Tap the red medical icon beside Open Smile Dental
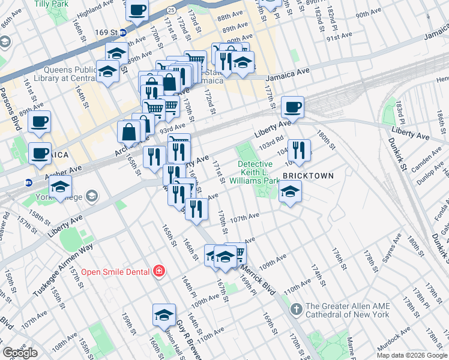click(x=158, y=272)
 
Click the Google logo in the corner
click(x=20, y=353)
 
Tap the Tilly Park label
click(x=50, y=4)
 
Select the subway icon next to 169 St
click(x=122, y=32)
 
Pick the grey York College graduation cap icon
click(x=91, y=196)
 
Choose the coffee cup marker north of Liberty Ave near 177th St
click(x=292, y=107)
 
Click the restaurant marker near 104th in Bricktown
click(x=299, y=149)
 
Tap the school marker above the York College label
click(x=60, y=187)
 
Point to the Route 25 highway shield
click(x=171, y=10)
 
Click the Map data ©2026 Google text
click(x=412, y=355)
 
